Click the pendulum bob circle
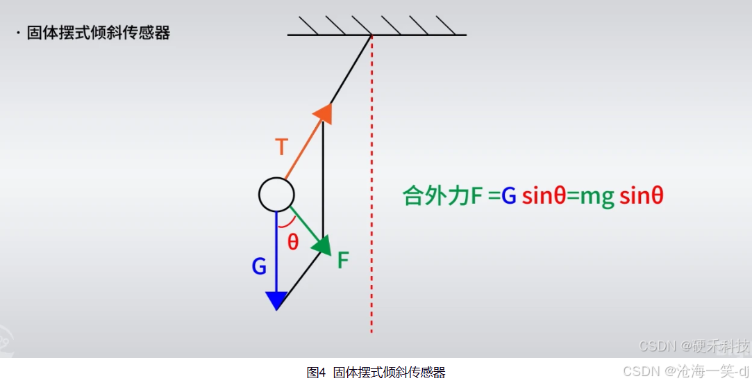tap(276, 194)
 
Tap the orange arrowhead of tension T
tap(324, 113)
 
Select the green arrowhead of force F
tap(321, 245)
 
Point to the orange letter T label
tap(281, 147)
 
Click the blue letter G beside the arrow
tap(259, 266)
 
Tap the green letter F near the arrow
tap(343, 261)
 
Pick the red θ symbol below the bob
tap(293, 242)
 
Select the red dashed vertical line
tap(371, 209)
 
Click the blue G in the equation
tap(509, 197)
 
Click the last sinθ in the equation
tap(642, 197)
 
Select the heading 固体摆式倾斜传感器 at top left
tap(98, 33)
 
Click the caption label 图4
tap(316, 372)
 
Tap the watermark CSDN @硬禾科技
tap(694, 346)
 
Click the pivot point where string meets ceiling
tap(371, 35)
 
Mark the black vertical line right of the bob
tap(323, 181)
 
